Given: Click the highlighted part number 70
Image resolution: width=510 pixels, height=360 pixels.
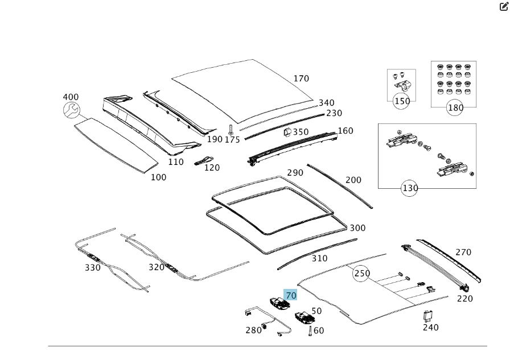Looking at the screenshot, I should click(x=291, y=295).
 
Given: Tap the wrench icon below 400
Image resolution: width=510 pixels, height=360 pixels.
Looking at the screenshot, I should click(x=71, y=110).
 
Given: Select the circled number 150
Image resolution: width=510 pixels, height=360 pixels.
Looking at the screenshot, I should click(x=402, y=102).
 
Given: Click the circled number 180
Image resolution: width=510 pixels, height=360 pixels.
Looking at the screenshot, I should click(x=455, y=107).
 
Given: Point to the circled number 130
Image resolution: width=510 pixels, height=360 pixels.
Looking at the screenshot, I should click(x=410, y=188).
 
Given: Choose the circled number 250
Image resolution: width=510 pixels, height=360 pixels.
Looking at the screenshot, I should click(x=362, y=274).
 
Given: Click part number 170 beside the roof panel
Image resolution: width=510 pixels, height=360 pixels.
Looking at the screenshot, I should click(x=301, y=78).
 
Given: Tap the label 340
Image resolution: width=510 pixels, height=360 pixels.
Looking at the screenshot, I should click(x=326, y=103).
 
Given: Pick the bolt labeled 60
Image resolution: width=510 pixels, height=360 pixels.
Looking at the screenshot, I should click(x=310, y=330).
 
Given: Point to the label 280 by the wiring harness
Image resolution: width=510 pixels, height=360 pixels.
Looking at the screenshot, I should click(x=253, y=330).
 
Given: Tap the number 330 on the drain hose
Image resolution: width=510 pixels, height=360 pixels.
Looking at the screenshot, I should click(x=93, y=267).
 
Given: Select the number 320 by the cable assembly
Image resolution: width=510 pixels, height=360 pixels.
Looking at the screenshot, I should click(x=157, y=267).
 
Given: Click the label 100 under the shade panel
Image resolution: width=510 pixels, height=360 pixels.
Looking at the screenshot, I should click(x=158, y=177).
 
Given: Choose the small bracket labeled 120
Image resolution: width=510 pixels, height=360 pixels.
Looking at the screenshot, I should click(x=204, y=160).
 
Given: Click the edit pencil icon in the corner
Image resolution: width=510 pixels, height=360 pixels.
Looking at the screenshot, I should click(x=503, y=7).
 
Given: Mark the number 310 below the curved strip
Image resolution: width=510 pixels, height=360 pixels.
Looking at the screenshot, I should click(x=319, y=258).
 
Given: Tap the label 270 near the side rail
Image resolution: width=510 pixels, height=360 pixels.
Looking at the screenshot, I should click(x=463, y=252).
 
